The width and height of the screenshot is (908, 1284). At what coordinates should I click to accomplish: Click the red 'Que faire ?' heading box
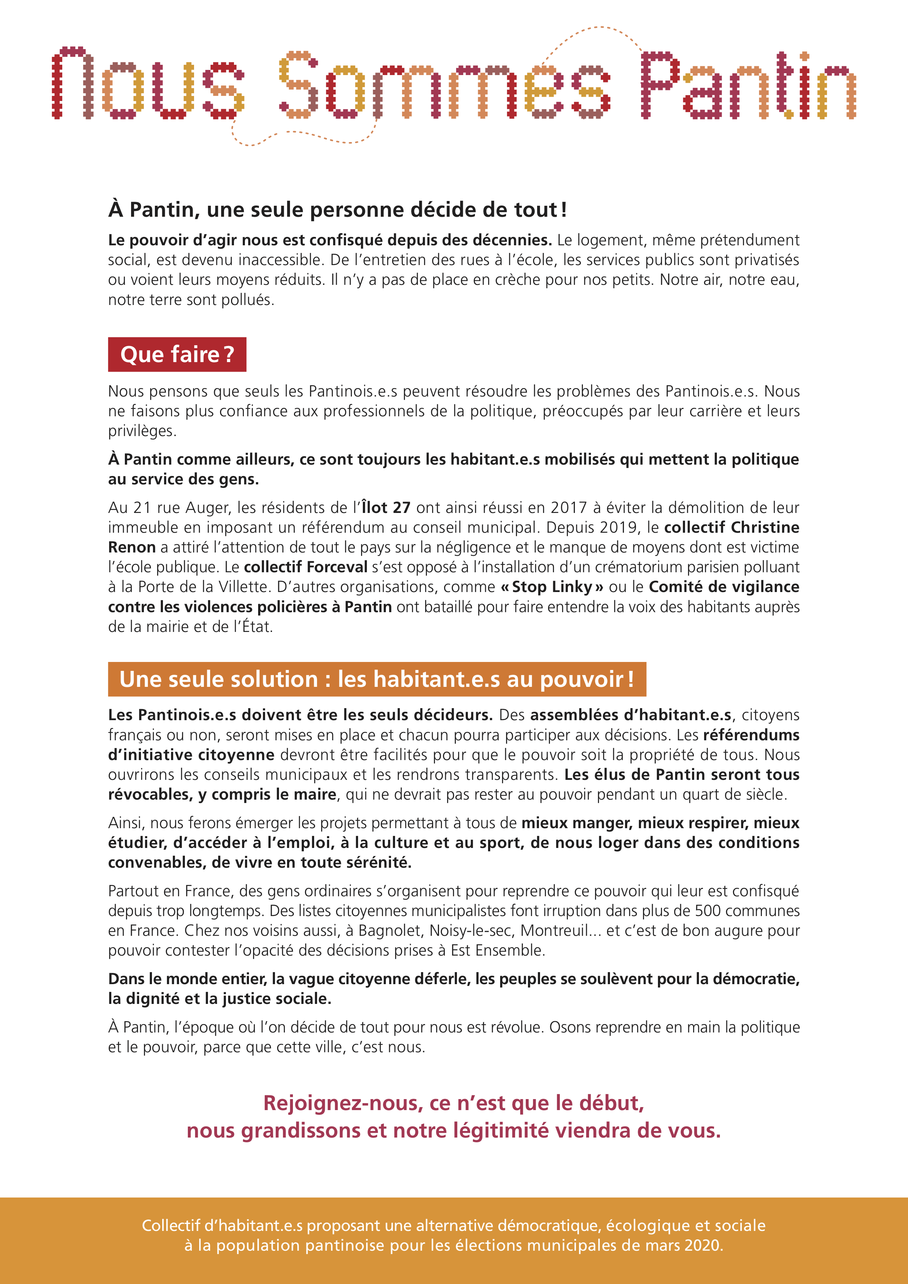[177, 354]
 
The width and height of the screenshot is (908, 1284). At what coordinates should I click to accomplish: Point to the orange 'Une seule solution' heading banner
[377, 679]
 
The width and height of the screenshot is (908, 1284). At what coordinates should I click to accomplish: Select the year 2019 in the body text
[622, 527]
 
